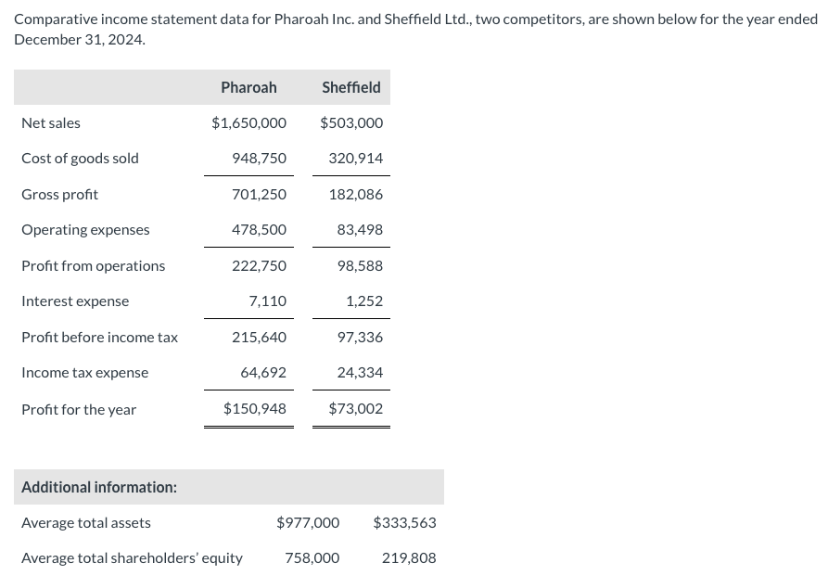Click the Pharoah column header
[248, 87]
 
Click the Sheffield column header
[350, 87]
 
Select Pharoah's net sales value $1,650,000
[248, 122]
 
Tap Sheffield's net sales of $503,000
[351, 122]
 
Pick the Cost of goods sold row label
[80, 158]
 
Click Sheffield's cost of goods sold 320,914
[355, 158]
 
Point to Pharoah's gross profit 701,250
[259, 194]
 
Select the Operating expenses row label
[85, 229]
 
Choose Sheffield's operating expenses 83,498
[360, 229]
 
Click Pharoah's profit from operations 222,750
[259, 265]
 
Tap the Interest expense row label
[75, 301]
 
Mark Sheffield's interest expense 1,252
[363, 301]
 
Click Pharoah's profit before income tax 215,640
[259, 337]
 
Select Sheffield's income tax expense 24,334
[360, 372]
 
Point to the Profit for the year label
[79, 409]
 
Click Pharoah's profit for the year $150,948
[254, 408]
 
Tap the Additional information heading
[99, 487]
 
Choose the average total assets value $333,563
[404, 522]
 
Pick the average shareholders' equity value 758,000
[312, 557]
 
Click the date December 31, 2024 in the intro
[80, 40]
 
